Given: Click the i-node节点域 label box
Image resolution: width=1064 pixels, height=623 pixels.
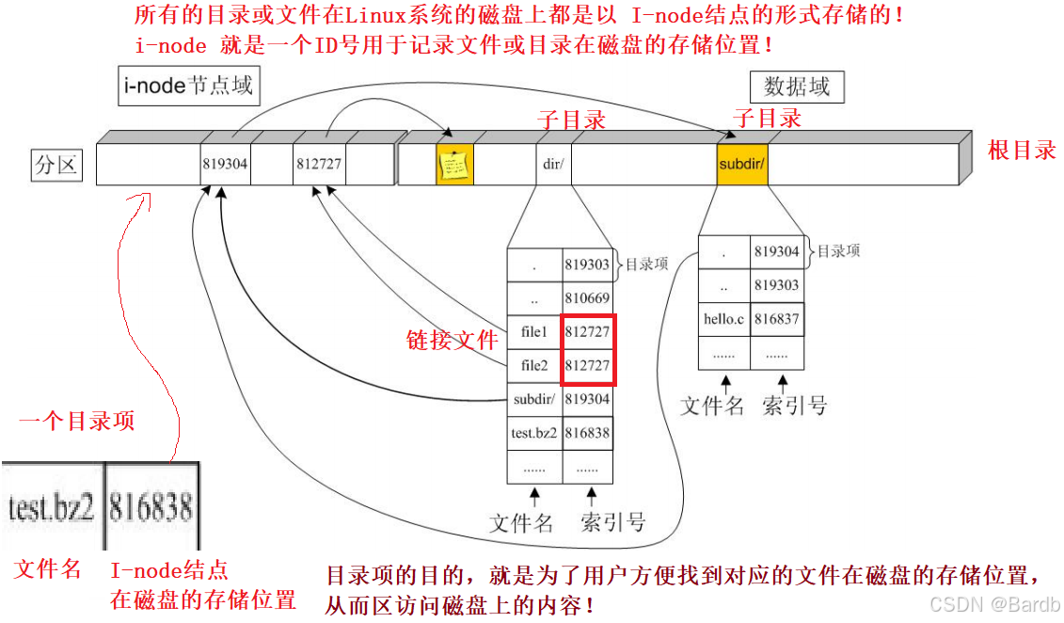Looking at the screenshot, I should click(x=188, y=87).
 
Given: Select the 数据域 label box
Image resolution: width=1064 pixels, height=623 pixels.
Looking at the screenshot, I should click(x=797, y=88).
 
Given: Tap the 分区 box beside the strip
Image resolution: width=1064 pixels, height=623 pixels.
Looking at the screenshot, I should click(x=56, y=167).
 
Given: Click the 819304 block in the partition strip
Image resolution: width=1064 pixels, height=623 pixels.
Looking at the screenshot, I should click(x=225, y=164).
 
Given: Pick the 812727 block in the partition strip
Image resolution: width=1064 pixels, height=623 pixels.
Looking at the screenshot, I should click(x=319, y=164).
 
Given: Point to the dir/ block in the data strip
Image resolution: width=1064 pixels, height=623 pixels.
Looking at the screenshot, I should click(x=552, y=164).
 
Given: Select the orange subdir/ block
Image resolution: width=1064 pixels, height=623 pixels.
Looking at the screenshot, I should click(x=741, y=164).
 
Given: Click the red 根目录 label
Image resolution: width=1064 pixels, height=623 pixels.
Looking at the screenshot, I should click(x=1023, y=151).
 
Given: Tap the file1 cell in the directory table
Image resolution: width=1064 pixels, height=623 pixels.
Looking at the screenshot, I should click(x=533, y=332).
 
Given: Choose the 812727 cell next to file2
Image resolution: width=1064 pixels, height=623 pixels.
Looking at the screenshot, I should click(x=588, y=365).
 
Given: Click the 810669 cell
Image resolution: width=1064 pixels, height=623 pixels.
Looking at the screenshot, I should click(x=588, y=298).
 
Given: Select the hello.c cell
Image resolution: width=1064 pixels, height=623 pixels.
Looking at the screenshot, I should click(x=724, y=319).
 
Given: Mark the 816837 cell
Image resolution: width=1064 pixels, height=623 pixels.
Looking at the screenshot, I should click(x=777, y=319).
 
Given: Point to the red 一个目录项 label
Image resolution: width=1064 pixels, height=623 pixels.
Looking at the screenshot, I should click(x=77, y=421).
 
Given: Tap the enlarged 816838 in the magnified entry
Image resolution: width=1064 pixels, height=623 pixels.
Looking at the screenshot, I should click(x=151, y=508).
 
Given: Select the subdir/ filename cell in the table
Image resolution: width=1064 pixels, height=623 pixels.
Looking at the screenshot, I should click(x=533, y=399).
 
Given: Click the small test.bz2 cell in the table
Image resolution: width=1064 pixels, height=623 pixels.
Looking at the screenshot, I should click(x=533, y=433).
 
